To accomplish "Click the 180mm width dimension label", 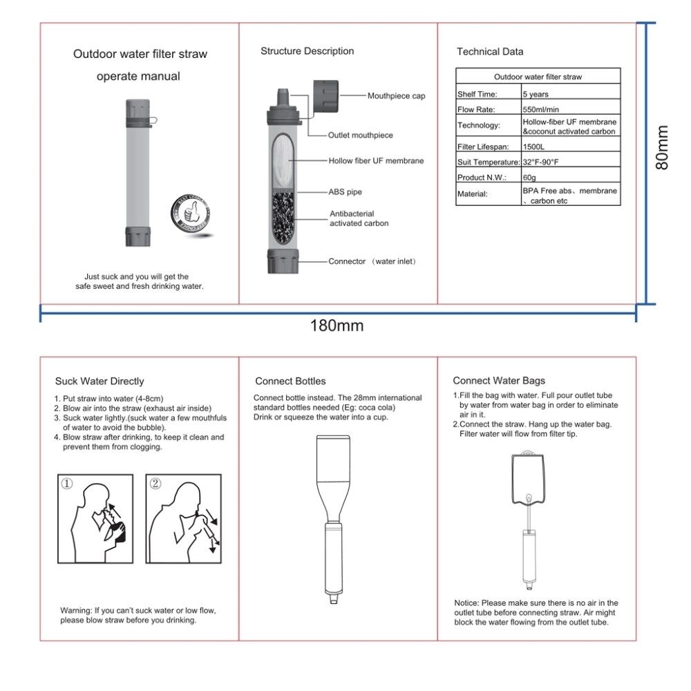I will coord(337,325).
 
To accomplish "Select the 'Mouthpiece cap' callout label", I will coord(396,96).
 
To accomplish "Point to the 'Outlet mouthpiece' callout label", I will coord(360,135).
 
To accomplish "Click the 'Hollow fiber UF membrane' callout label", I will coord(376,160).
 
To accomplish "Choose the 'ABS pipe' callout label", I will coord(345,192).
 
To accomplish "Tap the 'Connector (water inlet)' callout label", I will coord(372,262).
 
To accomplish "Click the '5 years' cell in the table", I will coord(536,94).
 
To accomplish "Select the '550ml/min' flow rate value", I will coord(541,110).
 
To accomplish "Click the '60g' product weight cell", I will coord(530,178).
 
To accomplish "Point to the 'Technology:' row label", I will coord(478,126).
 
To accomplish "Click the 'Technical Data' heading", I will coord(490,52).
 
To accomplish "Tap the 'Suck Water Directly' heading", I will coord(100,381).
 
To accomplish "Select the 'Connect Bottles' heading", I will coord(290,381).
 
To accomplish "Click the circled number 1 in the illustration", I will coord(66,484).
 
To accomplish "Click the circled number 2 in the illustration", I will coord(155,484).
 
